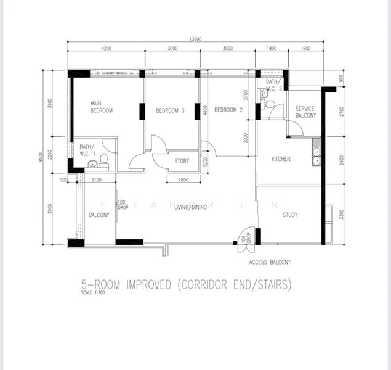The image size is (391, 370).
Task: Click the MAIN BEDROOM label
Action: [102, 107]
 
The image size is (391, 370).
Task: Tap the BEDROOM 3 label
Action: [170, 110]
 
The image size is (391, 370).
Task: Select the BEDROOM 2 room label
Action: [228, 110]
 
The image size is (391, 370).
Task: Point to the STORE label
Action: [182, 162]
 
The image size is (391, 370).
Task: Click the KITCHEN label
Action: [281, 159]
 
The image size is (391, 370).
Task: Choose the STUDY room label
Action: [290, 215]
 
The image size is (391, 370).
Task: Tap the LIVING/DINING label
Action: [190, 208]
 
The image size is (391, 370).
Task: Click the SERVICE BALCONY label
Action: [305, 112]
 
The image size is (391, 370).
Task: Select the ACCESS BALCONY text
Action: [270, 262]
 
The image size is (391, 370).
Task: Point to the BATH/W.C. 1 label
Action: [87, 150]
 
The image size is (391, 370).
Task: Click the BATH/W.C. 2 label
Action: [273, 85]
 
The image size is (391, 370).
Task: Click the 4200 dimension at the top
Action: [106, 49]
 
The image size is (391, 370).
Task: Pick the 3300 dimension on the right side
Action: [342, 215]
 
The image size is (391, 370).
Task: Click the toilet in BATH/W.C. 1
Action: [104, 161]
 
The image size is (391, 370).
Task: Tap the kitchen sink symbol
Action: [316, 155]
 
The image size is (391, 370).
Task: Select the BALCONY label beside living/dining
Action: [99, 215]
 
